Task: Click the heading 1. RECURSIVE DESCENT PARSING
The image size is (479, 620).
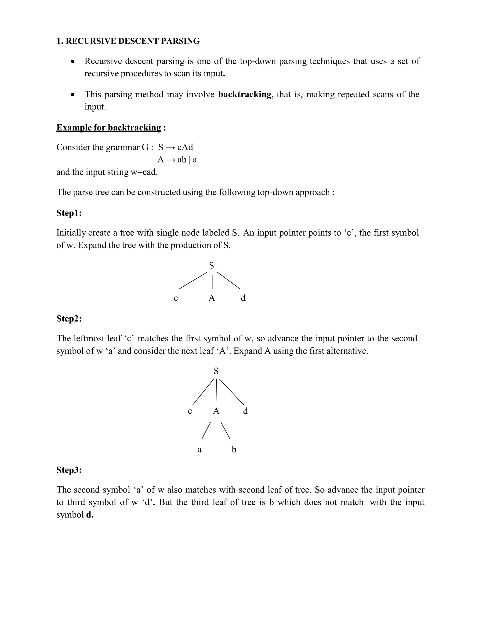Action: (x=128, y=41)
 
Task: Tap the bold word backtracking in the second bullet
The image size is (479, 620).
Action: (x=245, y=94)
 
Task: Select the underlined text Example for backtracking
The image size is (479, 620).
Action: (x=109, y=128)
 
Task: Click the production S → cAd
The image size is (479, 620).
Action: (x=175, y=147)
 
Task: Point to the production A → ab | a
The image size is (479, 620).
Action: (x=177, y=160)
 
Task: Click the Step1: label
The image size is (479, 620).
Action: (x=69, y=213)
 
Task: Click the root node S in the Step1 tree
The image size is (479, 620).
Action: (x=211, y=266)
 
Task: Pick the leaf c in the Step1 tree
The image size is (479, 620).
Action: (x=176, y=298)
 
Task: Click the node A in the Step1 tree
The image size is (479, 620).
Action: (x=212, y=298)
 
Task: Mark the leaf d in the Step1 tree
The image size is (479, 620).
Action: (x=243, y=298)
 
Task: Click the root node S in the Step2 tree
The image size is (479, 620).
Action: (x=216, y=371)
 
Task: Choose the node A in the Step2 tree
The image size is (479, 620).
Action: (x=216, y=411)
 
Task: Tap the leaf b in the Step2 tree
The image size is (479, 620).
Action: (x=234, y=449)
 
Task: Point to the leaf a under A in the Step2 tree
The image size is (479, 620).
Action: (x=199, y=450)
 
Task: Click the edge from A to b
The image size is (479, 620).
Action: (x=225, y=430)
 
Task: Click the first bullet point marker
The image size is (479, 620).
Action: (x=73, y=61)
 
